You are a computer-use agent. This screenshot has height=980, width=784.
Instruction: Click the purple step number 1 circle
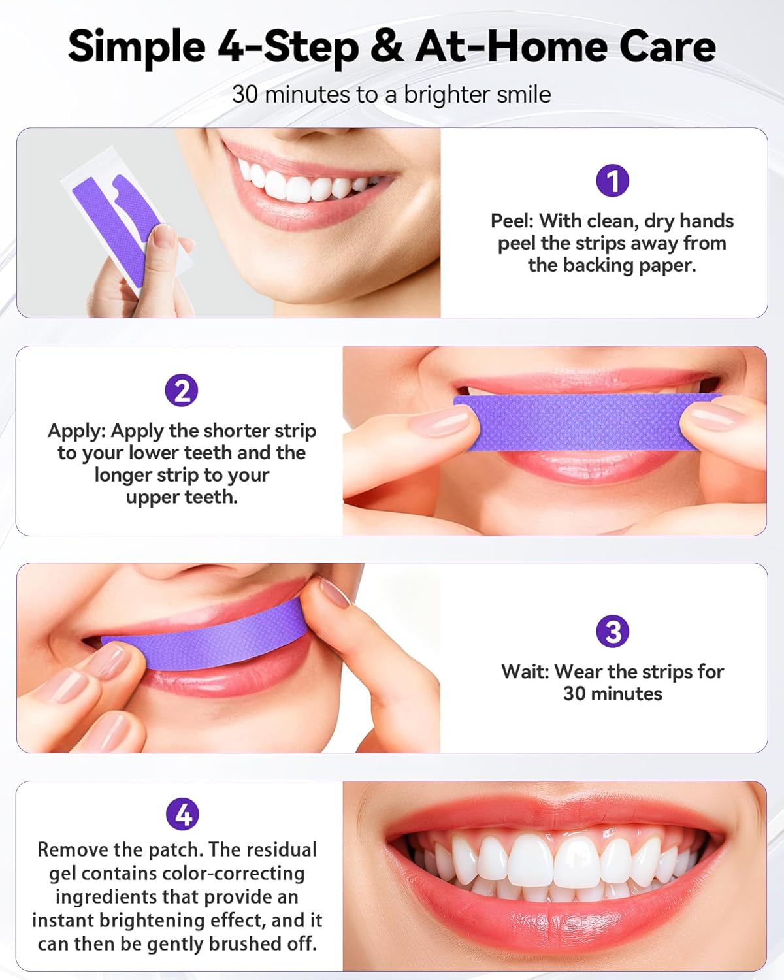tap(612, 180)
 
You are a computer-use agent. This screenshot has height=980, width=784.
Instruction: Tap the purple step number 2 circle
tap(182, 391)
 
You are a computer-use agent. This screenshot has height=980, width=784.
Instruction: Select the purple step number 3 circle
tap(612, 632)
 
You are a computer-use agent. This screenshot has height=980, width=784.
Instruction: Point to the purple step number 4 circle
tap(182, 814)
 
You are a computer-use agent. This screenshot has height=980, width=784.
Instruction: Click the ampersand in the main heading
tap(387, 47)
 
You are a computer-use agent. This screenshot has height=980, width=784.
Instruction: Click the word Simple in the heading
tap(137, 47)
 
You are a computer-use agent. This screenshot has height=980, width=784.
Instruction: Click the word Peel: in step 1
tap(512, 221)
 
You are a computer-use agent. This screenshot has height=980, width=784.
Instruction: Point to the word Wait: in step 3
tap(525, 672)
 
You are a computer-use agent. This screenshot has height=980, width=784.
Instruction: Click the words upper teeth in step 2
tap(182, 497)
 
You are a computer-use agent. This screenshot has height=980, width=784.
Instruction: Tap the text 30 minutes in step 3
tap(612, 694)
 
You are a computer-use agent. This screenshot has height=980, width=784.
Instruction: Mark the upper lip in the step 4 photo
tap(555, 813)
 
